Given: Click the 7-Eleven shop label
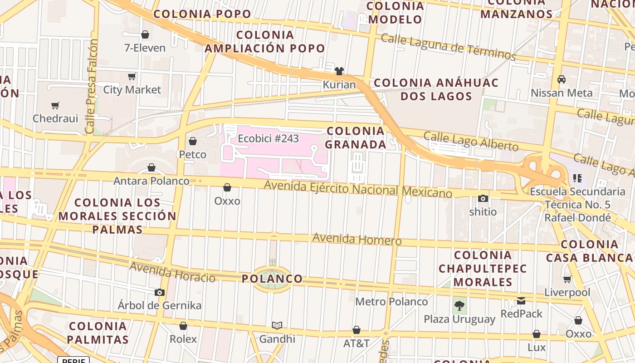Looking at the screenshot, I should click(145, 48).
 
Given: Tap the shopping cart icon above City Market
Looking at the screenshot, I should click(132, 76).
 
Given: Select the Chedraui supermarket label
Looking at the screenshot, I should click(55, 118).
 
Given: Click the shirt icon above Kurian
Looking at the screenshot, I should click(339, 71).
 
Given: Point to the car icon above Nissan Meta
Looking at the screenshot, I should click(562, 79).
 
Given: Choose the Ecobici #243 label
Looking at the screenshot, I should click(268, 138).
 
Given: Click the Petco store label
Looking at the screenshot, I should click(193, 154).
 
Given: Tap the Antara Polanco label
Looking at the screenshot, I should click(151, 181).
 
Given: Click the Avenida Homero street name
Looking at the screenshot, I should click(357, 239).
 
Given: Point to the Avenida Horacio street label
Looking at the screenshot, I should click(172, 271).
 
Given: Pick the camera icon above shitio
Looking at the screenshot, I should click(483, 198).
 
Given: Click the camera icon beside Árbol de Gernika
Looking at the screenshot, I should click(159, 292).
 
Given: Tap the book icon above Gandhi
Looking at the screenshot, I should click(277, 325).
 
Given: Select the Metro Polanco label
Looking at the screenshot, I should click(391, 302).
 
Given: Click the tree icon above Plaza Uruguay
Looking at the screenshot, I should click(459, 305).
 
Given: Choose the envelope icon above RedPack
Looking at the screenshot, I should click(521, 300).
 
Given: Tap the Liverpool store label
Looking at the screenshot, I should click(567, 292).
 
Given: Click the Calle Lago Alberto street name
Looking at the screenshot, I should click(471, 141).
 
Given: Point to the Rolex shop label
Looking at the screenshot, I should click(183, 339).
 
